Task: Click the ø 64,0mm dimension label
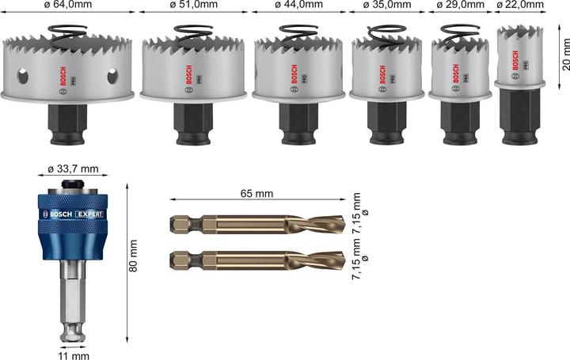[68, 6]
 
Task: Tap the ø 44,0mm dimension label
[298, 6]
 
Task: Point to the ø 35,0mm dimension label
[389, 6]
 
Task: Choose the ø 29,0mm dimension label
[460, 6]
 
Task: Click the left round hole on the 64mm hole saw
[23, 78]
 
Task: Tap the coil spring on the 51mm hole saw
[188, 32]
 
